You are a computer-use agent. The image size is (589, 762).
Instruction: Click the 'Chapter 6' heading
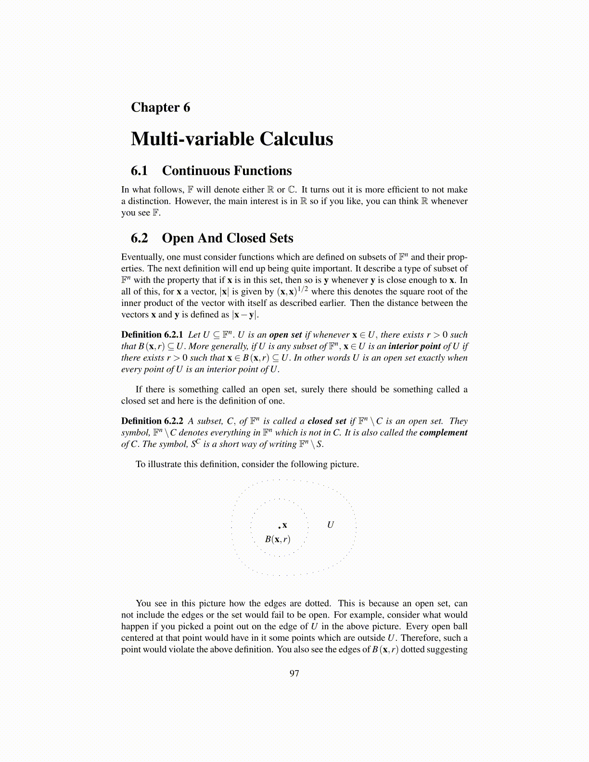pos(160,107)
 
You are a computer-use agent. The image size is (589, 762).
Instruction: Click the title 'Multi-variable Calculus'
pos(232,139)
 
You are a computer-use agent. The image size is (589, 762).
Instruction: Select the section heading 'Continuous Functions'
pos(227,171)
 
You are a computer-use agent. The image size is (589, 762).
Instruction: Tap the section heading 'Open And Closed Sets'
pos(227,238)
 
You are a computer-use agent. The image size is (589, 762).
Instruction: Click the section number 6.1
pos(139,171)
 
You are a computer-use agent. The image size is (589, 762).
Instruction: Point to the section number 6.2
pos(139,238)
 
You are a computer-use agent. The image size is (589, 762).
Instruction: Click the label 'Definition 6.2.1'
pos(152,335)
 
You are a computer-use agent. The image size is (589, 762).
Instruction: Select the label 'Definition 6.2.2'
pos(152,421)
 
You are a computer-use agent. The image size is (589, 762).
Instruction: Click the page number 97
pos(294,673)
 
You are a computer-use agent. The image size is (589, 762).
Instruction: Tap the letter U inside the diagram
pos(331,525)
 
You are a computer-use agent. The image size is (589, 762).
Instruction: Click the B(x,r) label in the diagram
pos(278,539)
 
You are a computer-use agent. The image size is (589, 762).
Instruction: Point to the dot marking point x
pos(279,527)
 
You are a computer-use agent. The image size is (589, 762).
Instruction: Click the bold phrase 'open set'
pos(285,335)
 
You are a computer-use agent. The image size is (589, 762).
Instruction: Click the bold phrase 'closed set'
pos(327,421)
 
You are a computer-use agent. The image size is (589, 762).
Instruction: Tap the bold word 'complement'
pos(443,432)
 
